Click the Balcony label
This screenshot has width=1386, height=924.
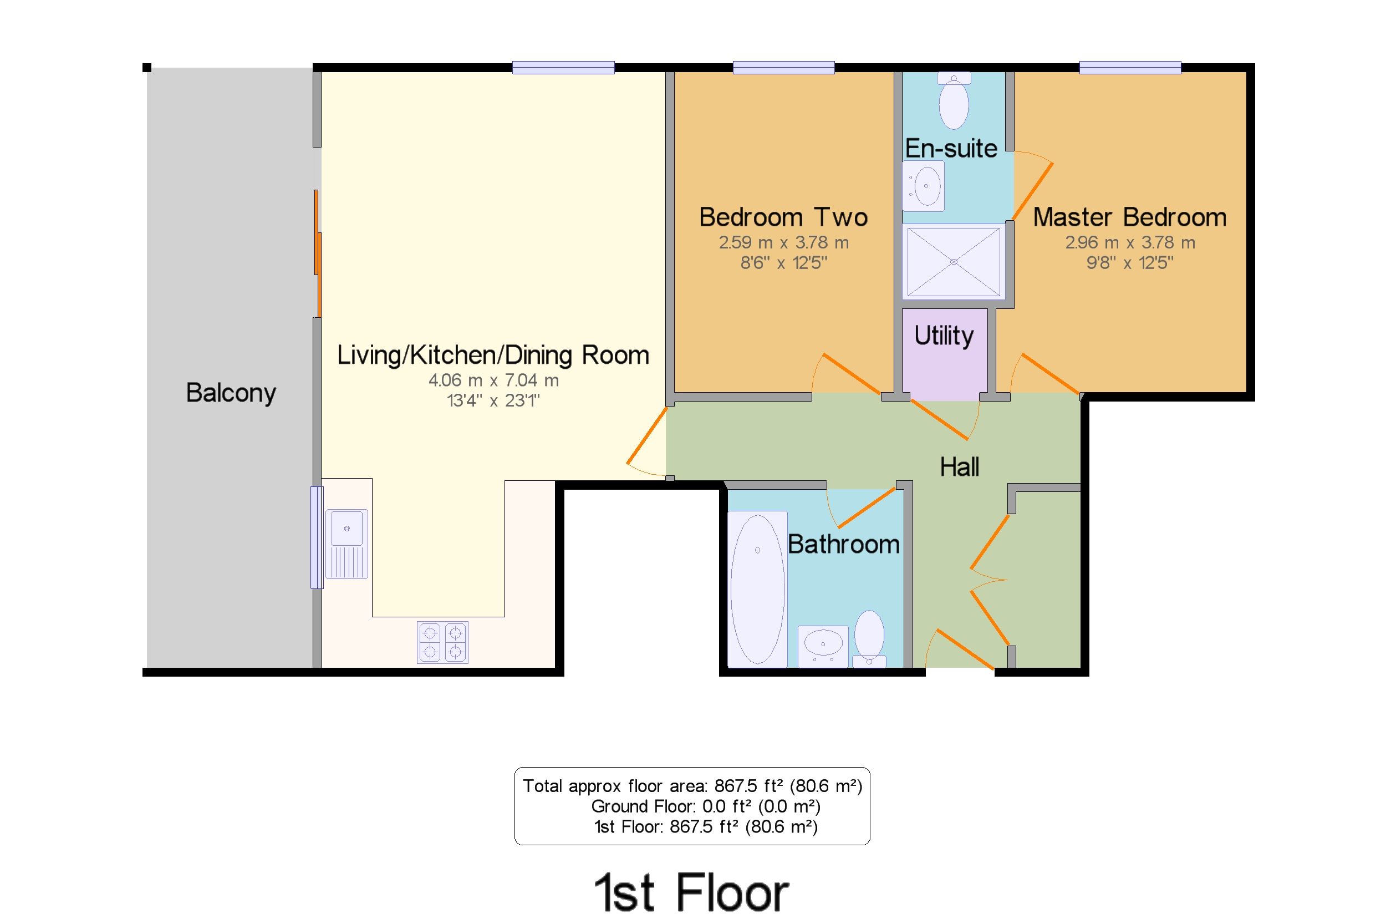(x=231, y=393)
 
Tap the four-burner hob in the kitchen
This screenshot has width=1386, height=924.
(x=442, y=642)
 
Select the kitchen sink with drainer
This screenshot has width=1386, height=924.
(x=347, y=544)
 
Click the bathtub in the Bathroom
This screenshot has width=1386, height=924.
(x=757, y=589)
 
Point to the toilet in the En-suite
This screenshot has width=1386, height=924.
(x=954, y=101)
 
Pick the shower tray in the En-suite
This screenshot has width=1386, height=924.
(x=954, y=262)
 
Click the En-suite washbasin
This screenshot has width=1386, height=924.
(x=924, y=186)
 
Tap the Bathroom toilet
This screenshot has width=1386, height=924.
(x=869, y=639)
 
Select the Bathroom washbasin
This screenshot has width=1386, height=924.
(x=823, y=647)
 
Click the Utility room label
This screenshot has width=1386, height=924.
(x=944, y=336)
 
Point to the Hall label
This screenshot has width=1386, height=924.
(x=959, y=467)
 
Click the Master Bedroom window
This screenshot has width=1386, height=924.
(x=1130, y=68)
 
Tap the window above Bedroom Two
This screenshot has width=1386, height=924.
(x=783, y=68)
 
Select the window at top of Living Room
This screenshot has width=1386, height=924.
(x=563, y=68)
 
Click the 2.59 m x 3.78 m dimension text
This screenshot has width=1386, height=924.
(x=783, y=242)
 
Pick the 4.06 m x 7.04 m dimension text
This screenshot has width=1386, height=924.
(x=493, y=380)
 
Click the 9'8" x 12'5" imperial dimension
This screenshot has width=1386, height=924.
(x=1130, y=263)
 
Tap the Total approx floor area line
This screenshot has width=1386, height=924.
(x=692, y=785)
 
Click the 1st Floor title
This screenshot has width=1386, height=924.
(x=691, y=893)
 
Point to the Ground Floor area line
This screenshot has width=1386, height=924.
(x=706, y=806)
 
